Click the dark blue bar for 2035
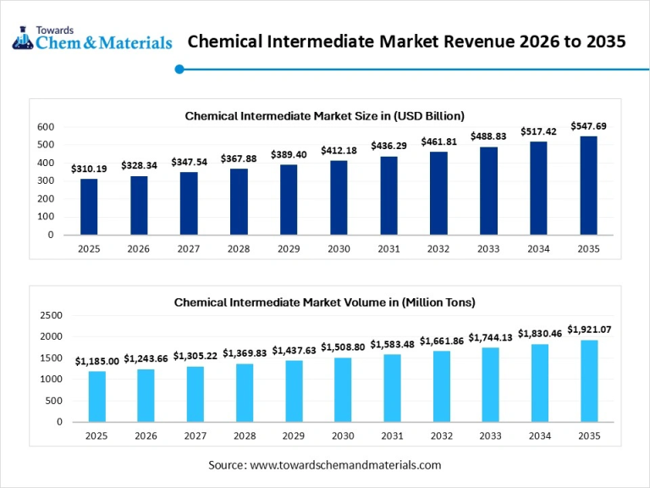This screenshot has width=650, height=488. point(589,186)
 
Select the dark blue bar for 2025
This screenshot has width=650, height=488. point(89,207)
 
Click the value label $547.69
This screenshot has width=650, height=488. point(589,126)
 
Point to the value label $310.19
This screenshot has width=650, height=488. point(89,169)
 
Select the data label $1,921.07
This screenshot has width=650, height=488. point(589,330)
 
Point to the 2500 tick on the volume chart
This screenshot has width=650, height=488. point(52,315)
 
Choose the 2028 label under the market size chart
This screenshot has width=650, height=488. point(239,248)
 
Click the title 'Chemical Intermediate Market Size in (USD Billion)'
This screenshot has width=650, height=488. point(325,115)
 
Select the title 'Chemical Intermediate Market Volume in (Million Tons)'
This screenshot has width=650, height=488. point(325,302)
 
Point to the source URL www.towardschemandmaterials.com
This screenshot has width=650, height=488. point(346,465)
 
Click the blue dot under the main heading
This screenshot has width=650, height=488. point(179,69)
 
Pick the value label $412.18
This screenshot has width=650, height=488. point(339,150)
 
